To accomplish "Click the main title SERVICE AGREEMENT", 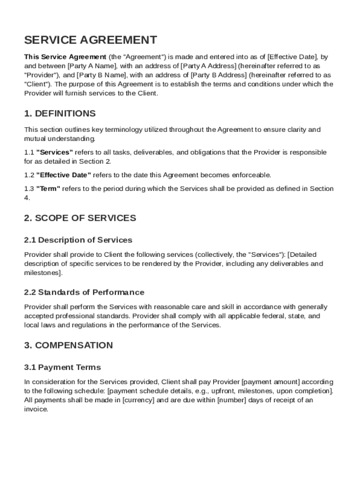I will pos(91,40).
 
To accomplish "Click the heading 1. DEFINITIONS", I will pos(60,114).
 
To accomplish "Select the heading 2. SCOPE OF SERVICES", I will pos(80,218).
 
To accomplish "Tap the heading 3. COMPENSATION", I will pos(68,346).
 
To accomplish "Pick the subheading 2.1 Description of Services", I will pos(78,240).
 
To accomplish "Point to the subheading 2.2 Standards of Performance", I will pos(84,292).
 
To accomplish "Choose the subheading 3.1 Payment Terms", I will pos(62,367).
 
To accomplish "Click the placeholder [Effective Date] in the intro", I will pos(292,57).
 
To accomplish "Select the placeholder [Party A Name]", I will pos(93,66).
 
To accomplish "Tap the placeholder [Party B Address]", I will pos(219,75).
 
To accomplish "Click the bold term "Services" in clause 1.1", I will pos(55,152).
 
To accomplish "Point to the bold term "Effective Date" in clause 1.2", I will pos(64,175).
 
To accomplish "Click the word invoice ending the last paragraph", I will pos(36,409).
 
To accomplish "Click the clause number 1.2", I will pos(29,175).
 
